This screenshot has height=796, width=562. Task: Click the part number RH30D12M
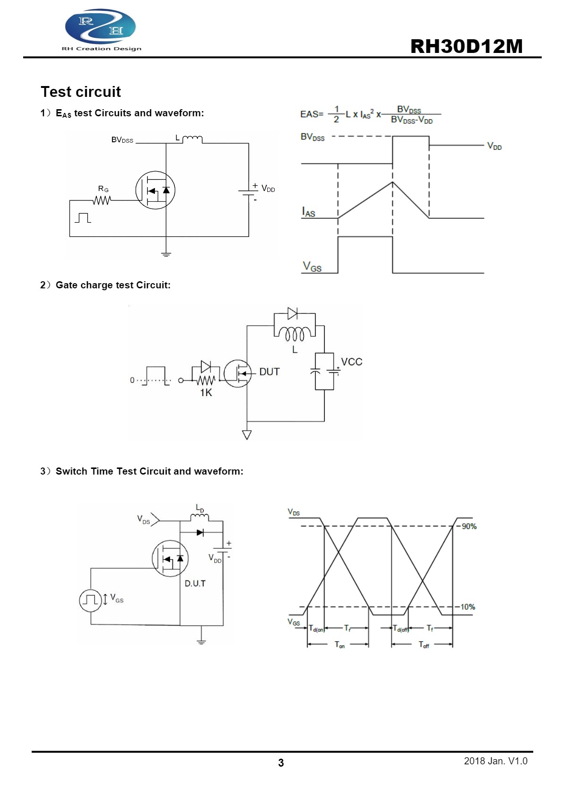[x=467, y=46]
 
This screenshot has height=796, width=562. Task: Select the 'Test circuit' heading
[x=81, y=92]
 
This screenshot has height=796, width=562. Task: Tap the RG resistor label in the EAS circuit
[x=103, y=189]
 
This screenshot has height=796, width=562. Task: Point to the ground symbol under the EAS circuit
[x=166, y=254]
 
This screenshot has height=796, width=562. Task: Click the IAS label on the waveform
[x=308, y=212]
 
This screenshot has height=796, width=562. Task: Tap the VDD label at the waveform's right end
[x=494, y=146]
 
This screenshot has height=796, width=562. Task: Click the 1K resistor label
[x=206, y=393]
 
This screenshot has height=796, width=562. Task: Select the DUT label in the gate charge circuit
[x=270, y=372]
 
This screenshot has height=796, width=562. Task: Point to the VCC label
[x=351, y=362]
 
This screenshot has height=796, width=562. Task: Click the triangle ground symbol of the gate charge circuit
[x=247, y=434]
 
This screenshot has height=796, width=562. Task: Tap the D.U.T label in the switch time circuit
[x=195, y=583]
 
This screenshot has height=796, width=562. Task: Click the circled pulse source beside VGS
[x=91, y=600]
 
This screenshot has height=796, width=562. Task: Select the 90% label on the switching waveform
[x=469, y=526]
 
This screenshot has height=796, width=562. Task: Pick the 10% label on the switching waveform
[x=468, y=606]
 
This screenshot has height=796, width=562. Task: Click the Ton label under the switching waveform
[x=340, y=645]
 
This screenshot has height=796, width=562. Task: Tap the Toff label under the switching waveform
[x=424, y=645]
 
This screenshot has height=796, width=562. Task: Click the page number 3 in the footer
[x=281, y=762]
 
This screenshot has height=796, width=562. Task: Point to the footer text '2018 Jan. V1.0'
[x=495, y=761]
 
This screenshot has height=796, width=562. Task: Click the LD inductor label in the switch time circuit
[x=200, y=508]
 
